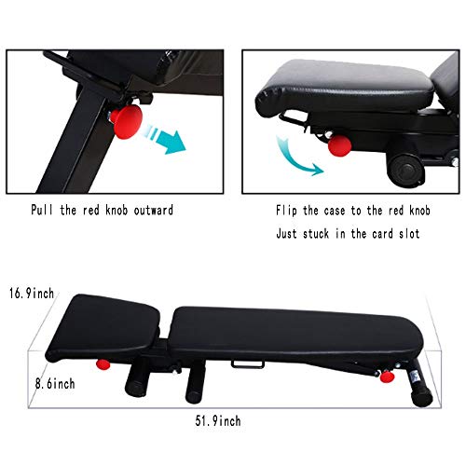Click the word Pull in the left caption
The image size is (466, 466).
point(46,210)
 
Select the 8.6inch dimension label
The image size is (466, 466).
point(28,382)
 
